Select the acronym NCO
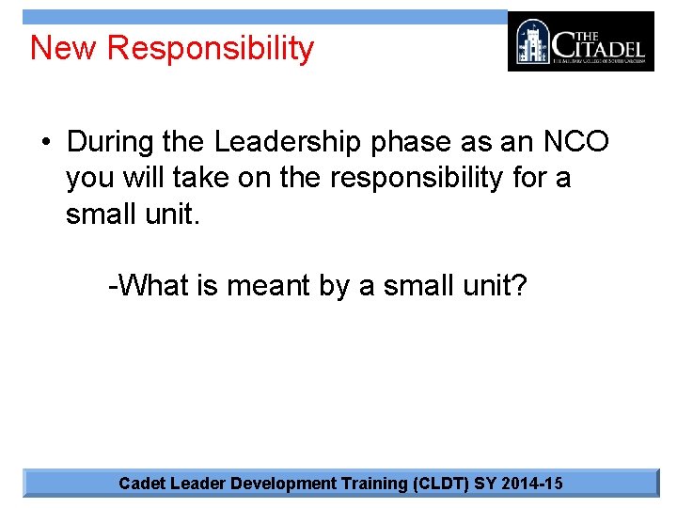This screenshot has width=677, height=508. tap(575, 142)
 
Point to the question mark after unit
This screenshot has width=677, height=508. tap(520, 285)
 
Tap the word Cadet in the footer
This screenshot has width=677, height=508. tap(141, 484)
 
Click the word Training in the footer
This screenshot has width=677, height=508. tap(375, 484)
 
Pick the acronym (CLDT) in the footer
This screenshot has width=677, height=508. tap(442, 484)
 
